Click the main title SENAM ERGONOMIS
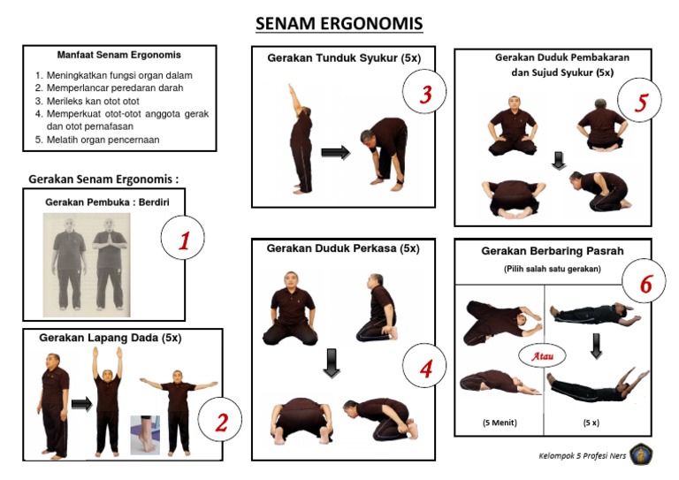click(x=339, y=23)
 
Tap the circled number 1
click(x=184, y=241)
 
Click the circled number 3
click(x=425, y=95)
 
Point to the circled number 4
click(x=425, y=369)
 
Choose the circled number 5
click(x=641, y=103)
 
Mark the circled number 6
click(x=646, y=284)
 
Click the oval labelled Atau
click(x=542, y=356)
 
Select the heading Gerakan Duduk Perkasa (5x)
click(x=342, y=248)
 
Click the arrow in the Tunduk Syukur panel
click(x=335, y=153)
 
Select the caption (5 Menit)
click(x=500, y=423)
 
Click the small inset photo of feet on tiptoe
click(x=145, y=434)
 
